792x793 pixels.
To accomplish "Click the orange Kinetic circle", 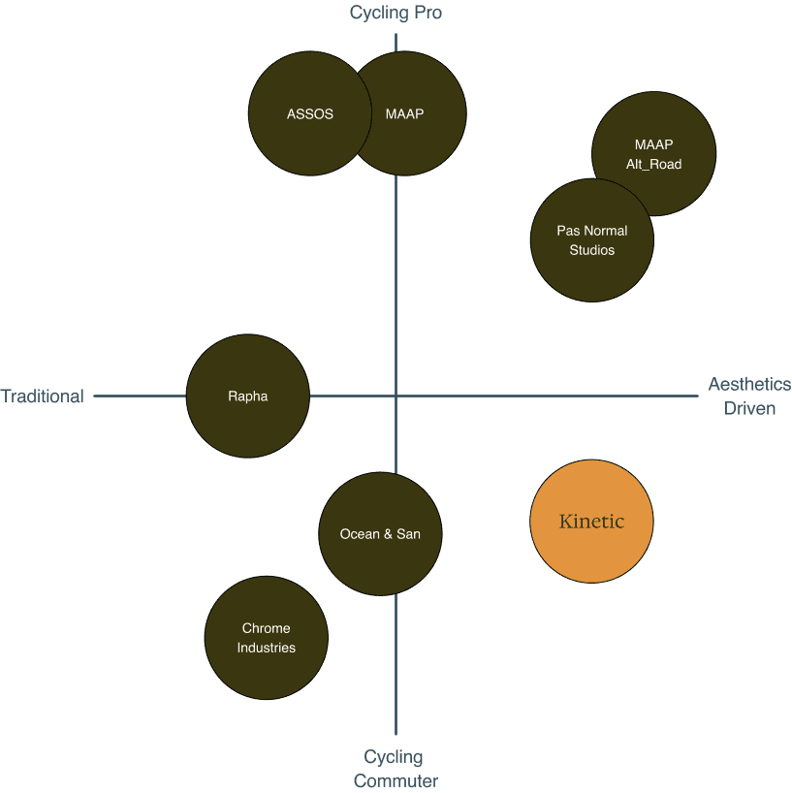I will click(591, 522).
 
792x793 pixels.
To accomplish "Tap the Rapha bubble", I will click(247, 396).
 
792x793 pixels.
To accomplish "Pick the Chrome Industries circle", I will click(267, 638).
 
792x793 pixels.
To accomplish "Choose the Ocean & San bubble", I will click(380, 534).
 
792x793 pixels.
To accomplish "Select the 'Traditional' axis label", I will click(42, 396).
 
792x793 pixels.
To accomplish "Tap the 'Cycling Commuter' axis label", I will click(396, 769).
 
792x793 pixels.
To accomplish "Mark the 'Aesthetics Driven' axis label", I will click(749, 396).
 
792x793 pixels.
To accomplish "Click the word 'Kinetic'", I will click(591, 522).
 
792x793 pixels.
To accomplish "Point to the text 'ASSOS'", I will click(310, 113).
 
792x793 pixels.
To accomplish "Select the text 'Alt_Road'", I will click(653, 164).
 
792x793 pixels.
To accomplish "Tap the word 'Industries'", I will click(267, 648).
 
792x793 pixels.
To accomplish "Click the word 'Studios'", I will click(591, 250).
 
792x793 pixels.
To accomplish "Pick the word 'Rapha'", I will click(247, 396).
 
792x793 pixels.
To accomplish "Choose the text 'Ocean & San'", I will click(380, 534).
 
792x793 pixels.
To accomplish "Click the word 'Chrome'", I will click(267, 628).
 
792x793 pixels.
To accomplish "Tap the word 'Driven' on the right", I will click(749, 408).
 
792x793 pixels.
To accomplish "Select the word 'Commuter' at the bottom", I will click(396, 781).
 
